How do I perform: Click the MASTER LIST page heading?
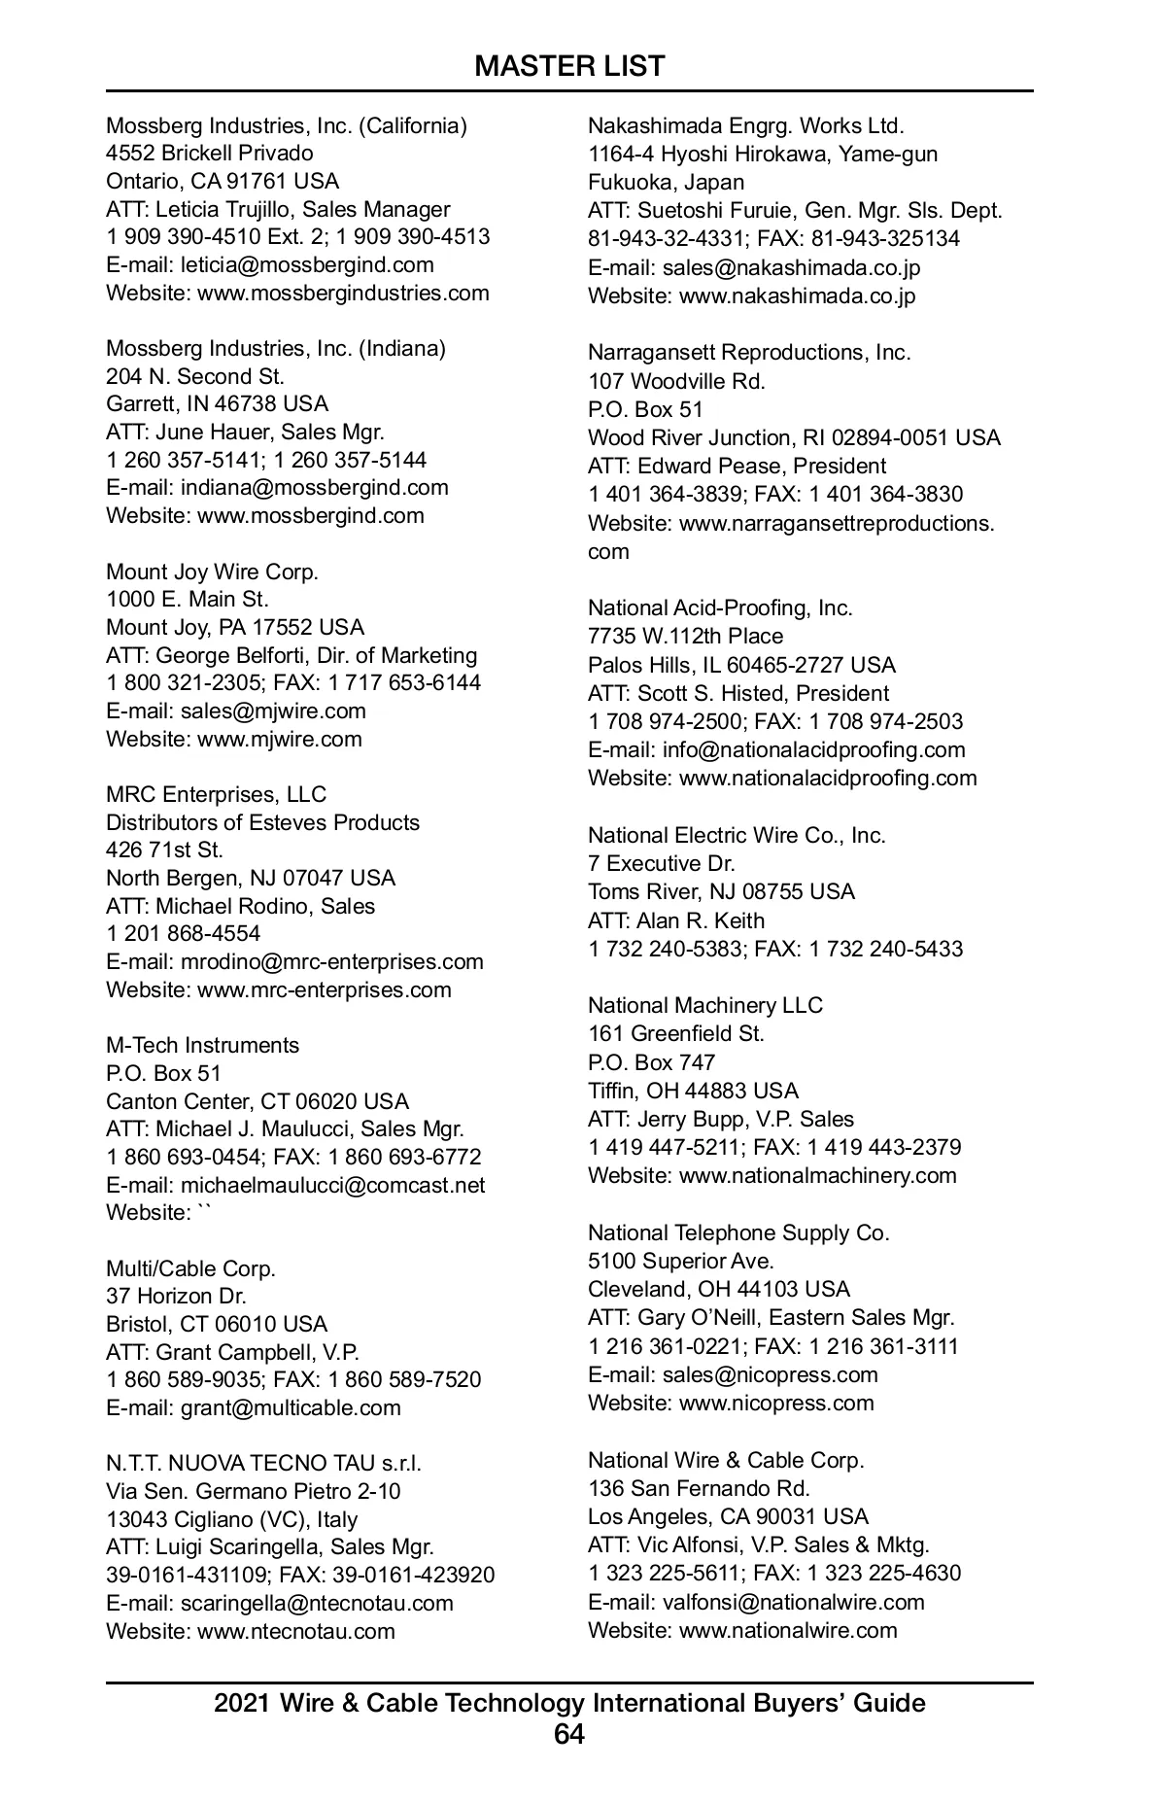(569, 66)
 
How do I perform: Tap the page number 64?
(569, 1734)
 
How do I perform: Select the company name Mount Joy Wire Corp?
(212, 572)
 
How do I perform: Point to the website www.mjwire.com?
(280, 739)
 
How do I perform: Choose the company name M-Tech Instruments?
(202, 1045)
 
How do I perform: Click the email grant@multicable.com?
(291, 1407)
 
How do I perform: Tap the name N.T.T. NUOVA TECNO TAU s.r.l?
(263, 1463)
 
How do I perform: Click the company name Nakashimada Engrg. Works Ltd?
(745, 125)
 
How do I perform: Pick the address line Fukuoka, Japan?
(666, 182)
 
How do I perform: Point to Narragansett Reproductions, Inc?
(749, 352)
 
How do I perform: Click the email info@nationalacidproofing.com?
(813, 749)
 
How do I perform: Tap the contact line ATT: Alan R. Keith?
(675, 920)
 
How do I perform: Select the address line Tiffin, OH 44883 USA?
(693, 1091)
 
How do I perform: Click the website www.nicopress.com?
(776, 1403)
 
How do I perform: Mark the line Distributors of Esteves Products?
(262, 822)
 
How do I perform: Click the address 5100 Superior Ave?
(680, 1261)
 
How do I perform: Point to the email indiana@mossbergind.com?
(315, 487)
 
